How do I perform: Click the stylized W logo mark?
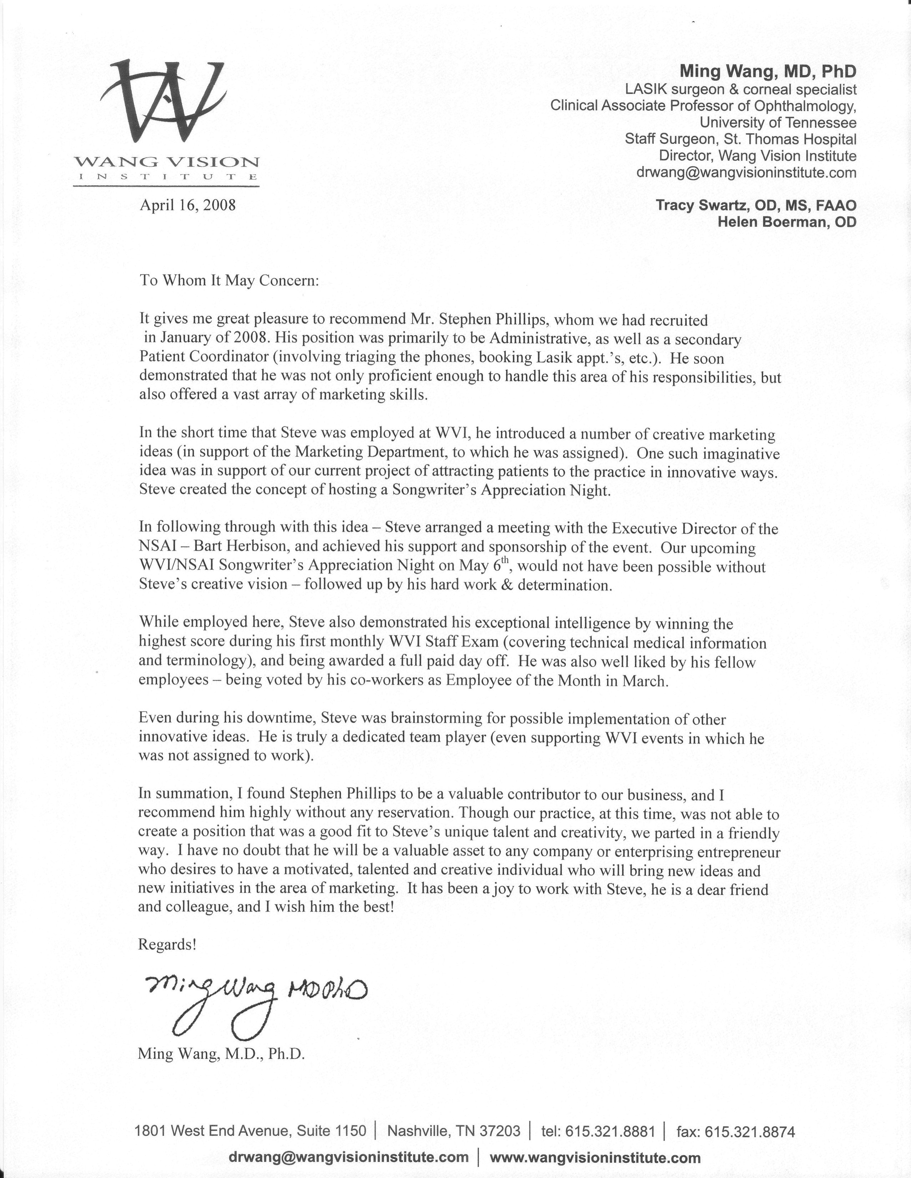[x=162, y=102]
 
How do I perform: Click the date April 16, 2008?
[x=188, y=206]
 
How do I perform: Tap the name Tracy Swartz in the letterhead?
[x=704, y=206]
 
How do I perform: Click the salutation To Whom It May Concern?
[x=229, y=281]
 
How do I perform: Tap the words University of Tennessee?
[x=778, y=122]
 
